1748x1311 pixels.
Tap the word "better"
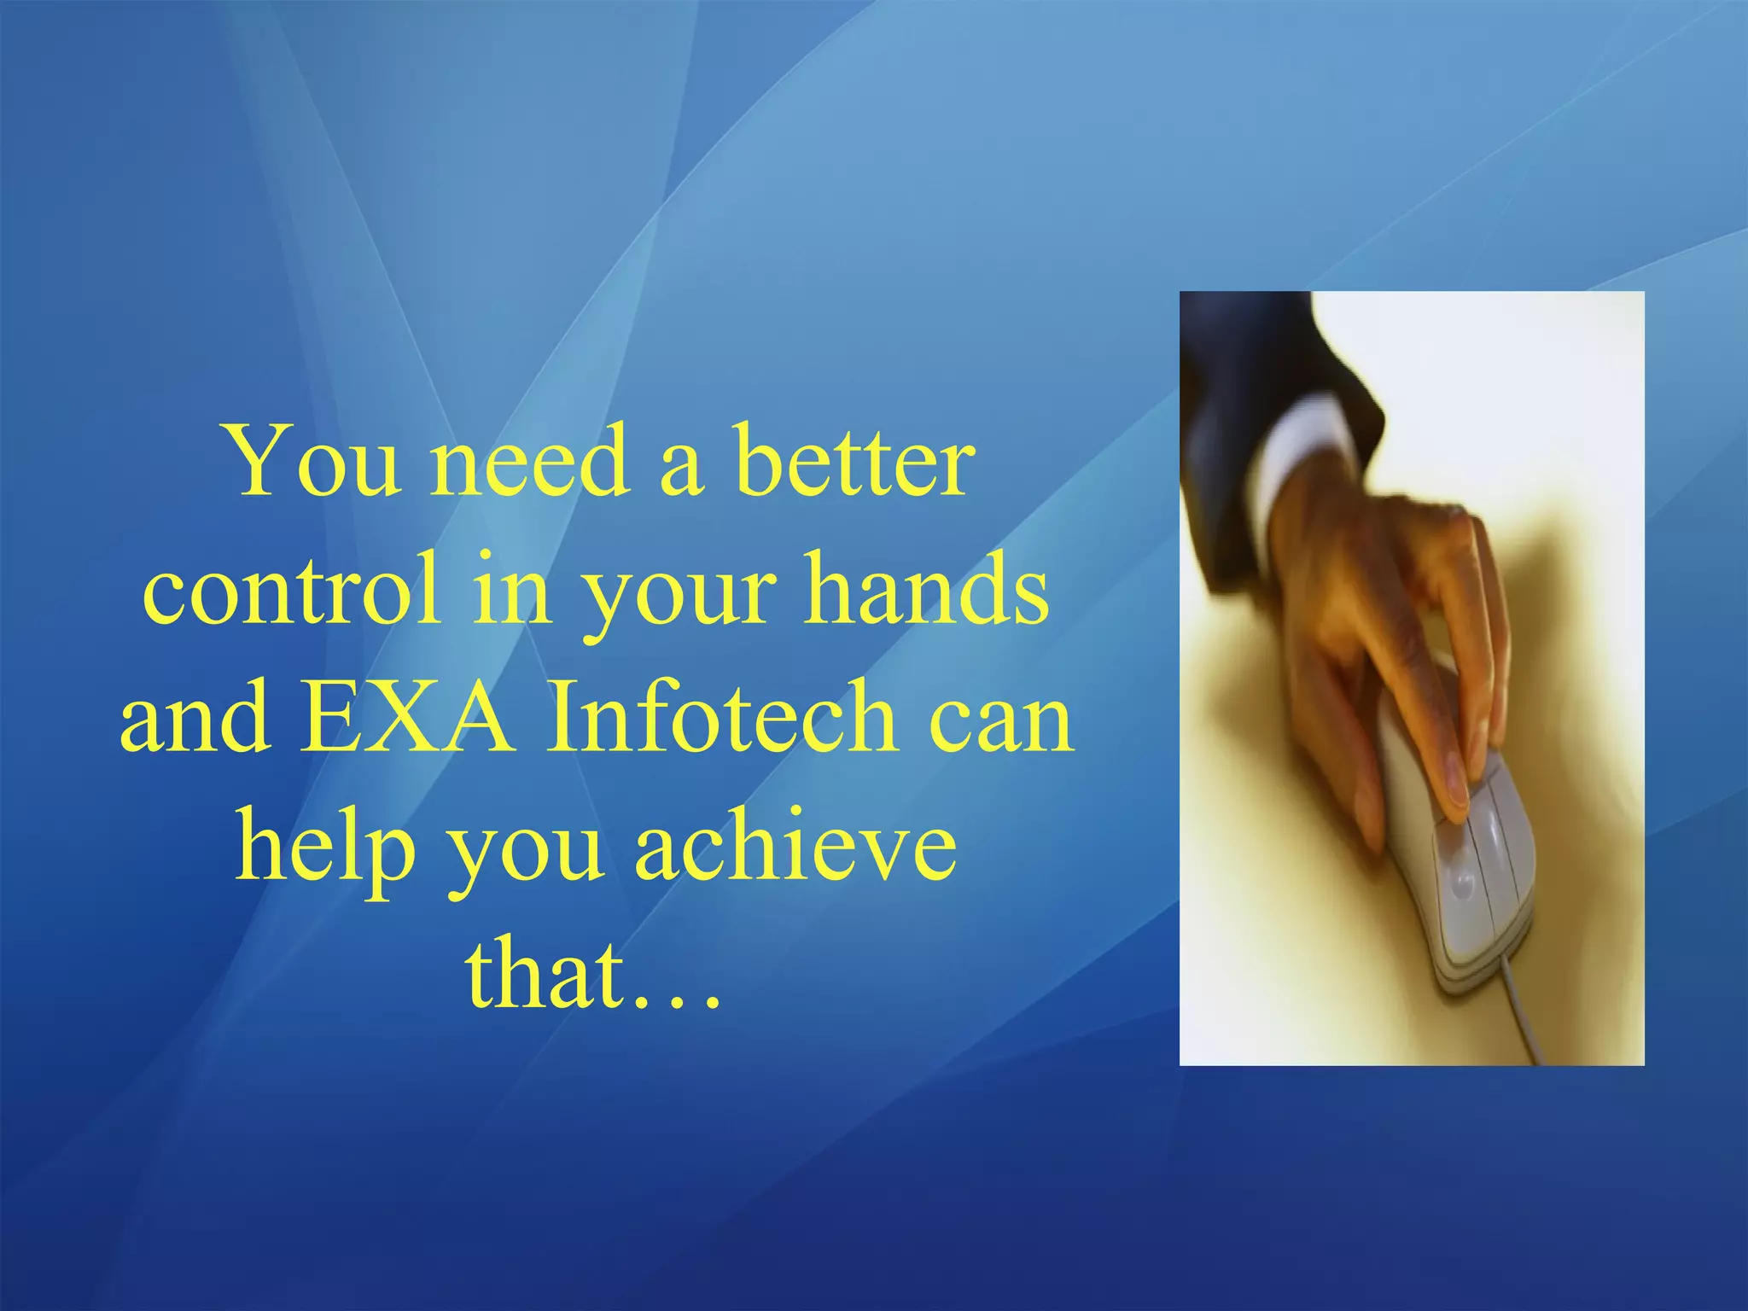[x=854, y=462]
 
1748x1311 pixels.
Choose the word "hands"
[x=927, y=590]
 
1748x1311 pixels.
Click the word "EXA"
[x=408, y=718]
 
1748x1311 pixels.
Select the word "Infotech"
[x=722, y=718]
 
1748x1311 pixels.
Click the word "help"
[x=325, y=849]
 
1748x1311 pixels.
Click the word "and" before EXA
[x=195, y=718]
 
